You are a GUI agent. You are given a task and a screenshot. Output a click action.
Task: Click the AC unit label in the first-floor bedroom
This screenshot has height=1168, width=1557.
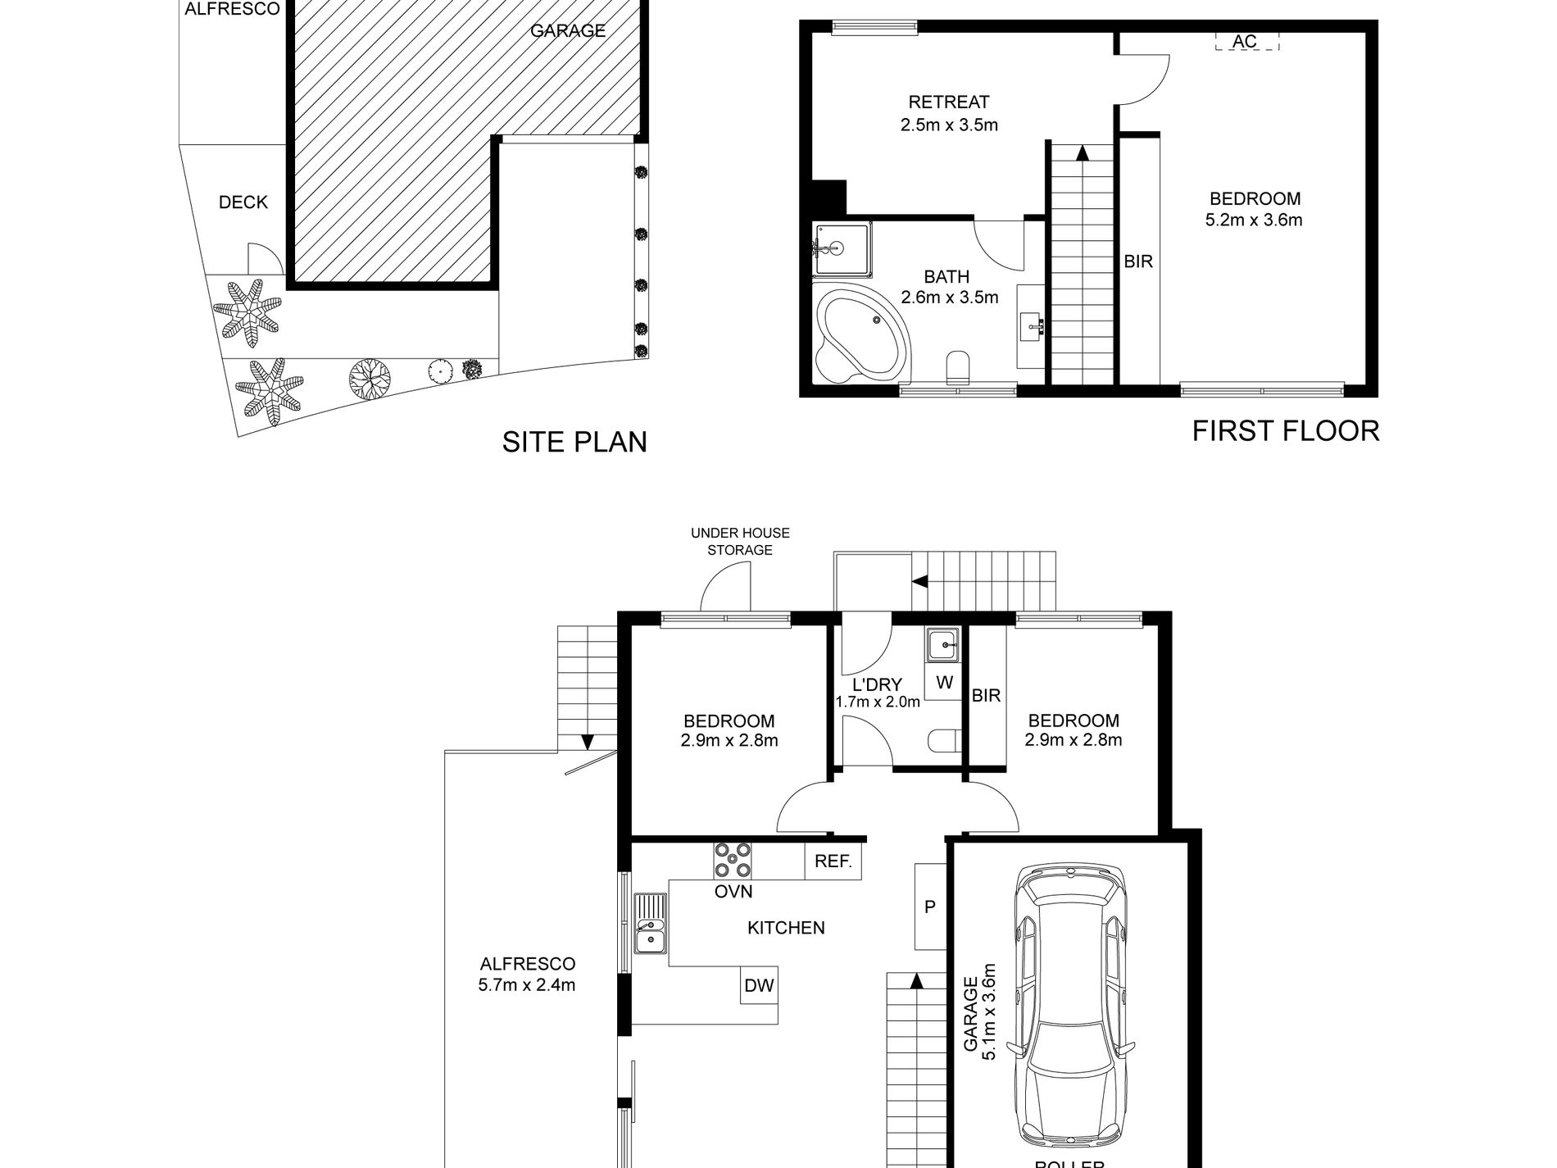pos(1245,42)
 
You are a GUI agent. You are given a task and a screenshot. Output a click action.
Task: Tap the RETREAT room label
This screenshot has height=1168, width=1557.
pos(949,102)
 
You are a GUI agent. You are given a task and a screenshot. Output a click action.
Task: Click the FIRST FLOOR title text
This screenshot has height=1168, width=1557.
pos(1286,431)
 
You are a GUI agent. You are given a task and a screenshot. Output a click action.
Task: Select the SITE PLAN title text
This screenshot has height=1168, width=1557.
pos(574,443)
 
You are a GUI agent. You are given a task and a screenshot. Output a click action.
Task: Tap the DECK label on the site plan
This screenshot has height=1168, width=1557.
pos(243,202)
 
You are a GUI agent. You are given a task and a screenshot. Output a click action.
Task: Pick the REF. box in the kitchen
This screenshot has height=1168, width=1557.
pos(833,862)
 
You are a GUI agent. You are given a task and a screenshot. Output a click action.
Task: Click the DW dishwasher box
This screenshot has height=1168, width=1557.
pos(759,986)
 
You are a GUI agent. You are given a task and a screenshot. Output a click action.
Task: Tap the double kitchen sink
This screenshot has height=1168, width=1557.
pos(651,934)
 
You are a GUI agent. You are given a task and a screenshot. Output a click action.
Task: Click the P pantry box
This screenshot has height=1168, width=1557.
pos(930,907)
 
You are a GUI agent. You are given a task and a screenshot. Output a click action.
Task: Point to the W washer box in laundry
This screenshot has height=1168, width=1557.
pos(944,683)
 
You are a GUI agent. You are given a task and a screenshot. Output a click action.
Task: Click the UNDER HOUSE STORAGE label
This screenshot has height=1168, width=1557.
pos(740,542)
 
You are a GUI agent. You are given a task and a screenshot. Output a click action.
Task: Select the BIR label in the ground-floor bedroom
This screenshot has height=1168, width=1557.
pos(986,696)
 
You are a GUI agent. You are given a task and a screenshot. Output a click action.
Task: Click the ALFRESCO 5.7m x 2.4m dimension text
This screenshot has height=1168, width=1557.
pos(527,985)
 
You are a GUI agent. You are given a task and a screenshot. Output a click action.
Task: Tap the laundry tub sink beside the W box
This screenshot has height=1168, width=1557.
pos(945,645)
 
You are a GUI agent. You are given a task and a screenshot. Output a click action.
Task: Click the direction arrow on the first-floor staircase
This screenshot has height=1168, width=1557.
pos(1083,152)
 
